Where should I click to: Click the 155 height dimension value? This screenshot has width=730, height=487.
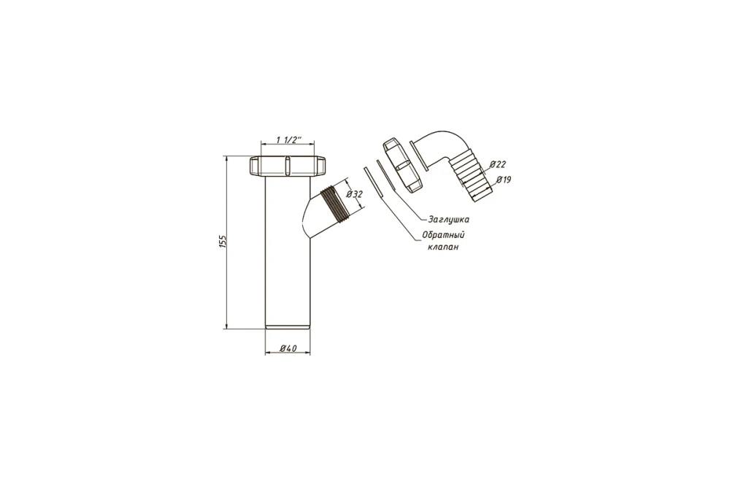point(223,242)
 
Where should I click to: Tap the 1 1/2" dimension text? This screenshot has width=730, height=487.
point(290,139)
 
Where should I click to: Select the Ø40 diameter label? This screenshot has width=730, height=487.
point(288,348)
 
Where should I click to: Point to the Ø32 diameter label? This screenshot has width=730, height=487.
point(356,193)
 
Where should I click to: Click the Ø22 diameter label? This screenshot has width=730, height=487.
point(497,164)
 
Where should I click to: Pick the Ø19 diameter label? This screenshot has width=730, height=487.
point(503,180)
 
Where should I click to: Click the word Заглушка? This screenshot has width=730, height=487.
point(448,219)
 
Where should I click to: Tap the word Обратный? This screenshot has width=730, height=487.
point(443,234)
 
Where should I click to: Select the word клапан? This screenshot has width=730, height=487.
point(443,247)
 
